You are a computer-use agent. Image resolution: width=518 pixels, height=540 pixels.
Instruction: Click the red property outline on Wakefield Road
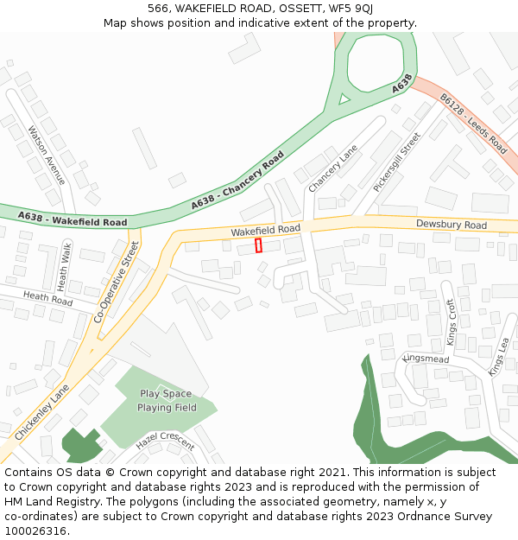click(258, 245)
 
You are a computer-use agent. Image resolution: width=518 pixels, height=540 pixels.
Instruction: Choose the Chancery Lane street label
click(332, 168)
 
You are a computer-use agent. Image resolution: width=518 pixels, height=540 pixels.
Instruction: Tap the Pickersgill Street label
click(396, 162)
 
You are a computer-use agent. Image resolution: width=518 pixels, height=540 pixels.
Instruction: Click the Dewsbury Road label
click(451, 225)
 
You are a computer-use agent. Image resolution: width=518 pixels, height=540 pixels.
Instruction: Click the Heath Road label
click(47, 300)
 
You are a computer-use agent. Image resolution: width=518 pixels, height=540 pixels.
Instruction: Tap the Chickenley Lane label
click(41, 411)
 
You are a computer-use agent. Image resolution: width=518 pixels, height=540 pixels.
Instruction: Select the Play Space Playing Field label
click(167, 401)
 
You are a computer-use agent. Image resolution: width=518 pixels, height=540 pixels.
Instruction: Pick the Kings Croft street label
click(451, 322)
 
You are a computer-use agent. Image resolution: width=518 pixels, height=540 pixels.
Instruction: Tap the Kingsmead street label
click(426, 359)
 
